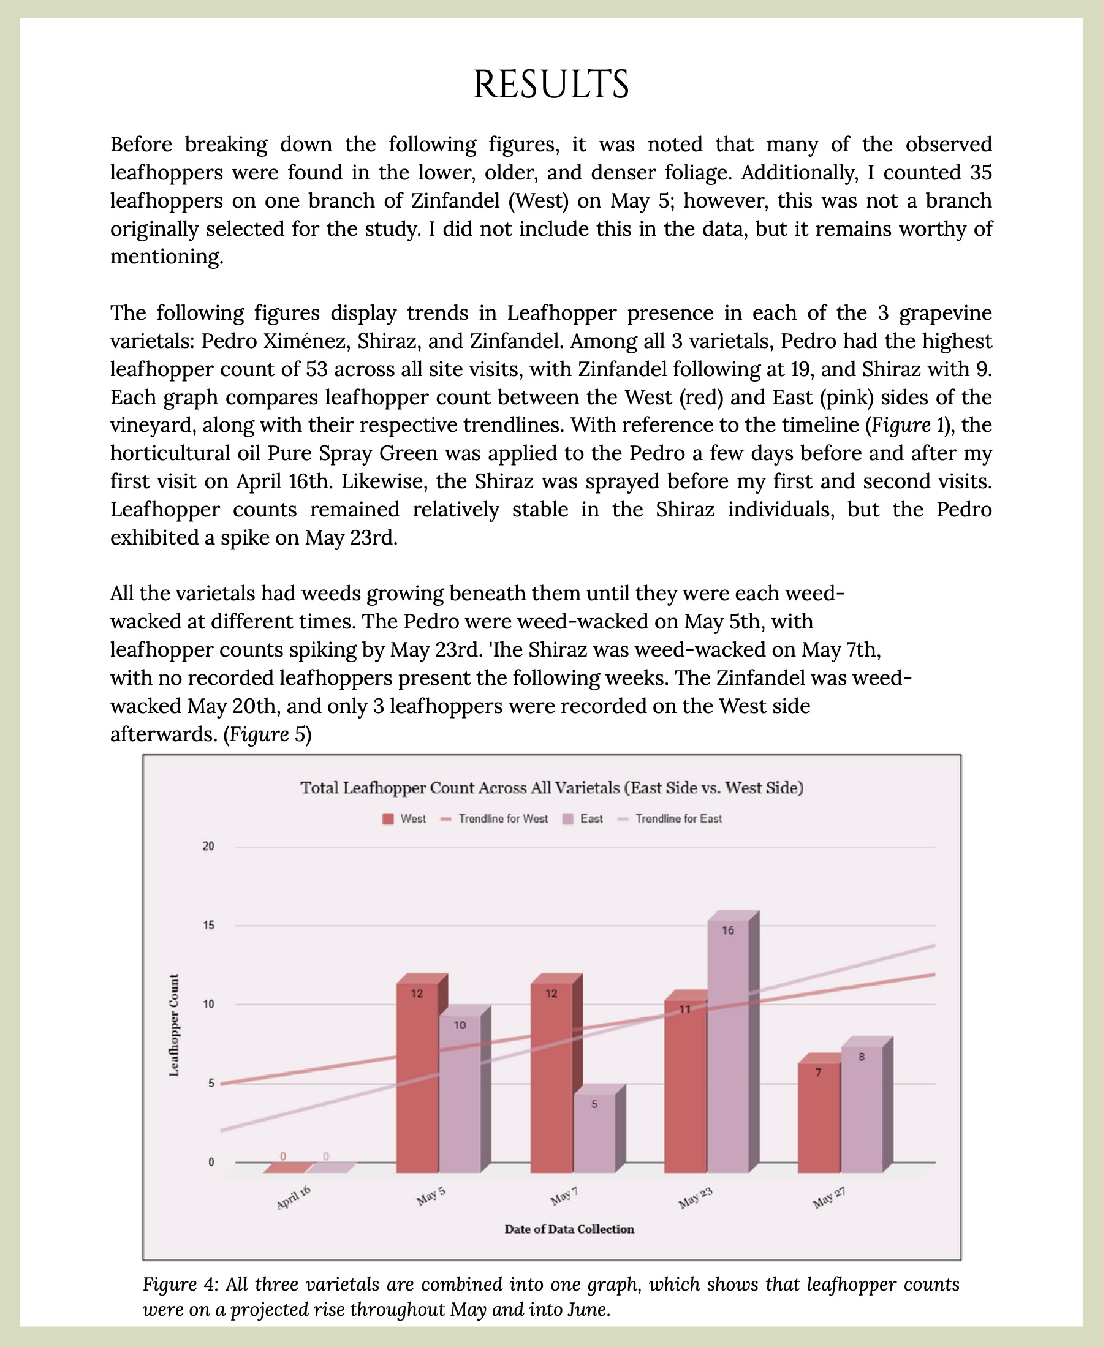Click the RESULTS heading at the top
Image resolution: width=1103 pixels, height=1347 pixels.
click(x=551, y=85)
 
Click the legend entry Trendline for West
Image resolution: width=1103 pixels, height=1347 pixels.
click(x=502, y=818)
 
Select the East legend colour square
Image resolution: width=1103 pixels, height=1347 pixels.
click(x=568, y=819)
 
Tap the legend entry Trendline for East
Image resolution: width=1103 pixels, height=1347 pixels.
click(x=678, y=818)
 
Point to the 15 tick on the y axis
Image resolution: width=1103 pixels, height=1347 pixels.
click(x=208, y=926)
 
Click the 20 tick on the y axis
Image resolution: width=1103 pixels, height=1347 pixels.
click(x=208, y=846)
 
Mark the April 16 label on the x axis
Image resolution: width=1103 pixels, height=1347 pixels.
click(x=294, y=1198)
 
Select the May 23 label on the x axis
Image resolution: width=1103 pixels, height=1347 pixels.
click(x=695, y=1198)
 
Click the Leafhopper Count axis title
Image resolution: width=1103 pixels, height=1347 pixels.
click(x=173, y=1025)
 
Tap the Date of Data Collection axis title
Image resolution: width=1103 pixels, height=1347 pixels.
click(x=569, y=1229)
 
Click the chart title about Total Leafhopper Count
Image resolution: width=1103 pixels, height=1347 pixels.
click(x=551, y=788)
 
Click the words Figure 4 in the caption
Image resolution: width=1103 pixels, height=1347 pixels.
click(x=180, y=1284)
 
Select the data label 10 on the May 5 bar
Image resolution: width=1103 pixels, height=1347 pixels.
click(x=460, y=1024)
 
